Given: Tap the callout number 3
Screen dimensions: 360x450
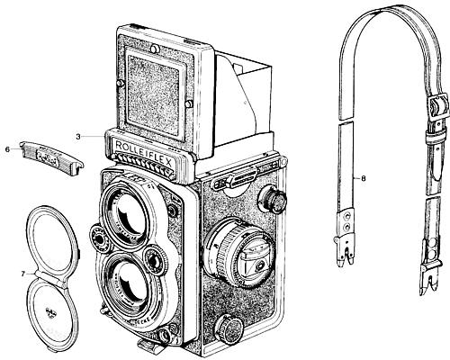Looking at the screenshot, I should pos(78,136).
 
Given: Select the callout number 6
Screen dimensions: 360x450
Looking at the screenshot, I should pos(8,148).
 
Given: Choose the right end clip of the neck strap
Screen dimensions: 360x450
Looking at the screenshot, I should pos(422,270).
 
